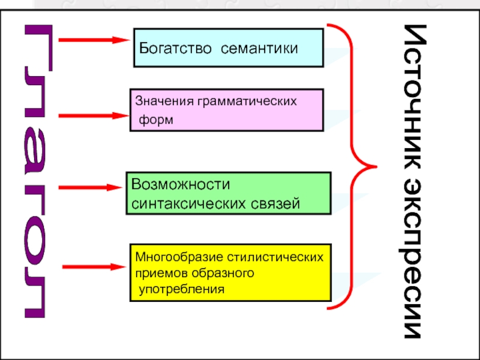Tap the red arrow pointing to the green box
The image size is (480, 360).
click(91, 187)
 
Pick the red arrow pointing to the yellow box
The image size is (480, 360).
click(93, 267)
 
